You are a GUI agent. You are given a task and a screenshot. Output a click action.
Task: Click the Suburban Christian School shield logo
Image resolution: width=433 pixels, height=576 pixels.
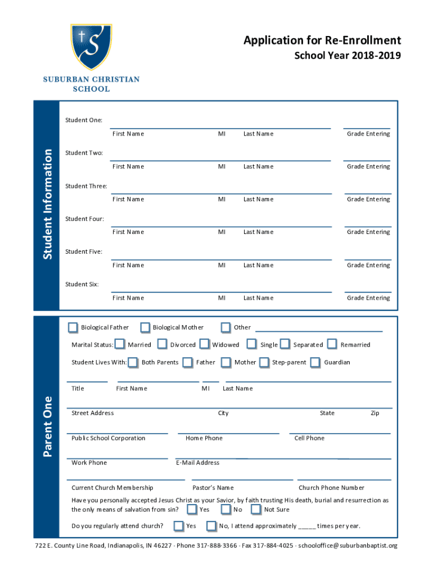point(91,47)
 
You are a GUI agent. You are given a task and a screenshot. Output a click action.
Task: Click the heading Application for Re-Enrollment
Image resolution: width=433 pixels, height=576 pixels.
point(322,40)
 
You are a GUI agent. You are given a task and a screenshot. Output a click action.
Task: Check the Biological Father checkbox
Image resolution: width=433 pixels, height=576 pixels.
point(73,327)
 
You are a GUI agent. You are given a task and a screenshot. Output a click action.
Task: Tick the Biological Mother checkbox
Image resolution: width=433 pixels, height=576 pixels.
point(145,327)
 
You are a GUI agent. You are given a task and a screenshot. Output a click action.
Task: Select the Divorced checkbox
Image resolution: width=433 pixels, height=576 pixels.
point(163,344)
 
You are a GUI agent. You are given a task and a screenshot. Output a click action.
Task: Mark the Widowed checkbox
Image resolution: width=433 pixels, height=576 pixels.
point(204,344)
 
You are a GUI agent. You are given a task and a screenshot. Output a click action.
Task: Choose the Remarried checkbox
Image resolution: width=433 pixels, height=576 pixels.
point(332,344)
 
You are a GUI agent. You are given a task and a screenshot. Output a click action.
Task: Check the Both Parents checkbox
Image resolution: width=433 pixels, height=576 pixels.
point(133,362)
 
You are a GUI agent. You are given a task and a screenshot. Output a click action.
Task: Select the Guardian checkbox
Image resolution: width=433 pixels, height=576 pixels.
point(315,362)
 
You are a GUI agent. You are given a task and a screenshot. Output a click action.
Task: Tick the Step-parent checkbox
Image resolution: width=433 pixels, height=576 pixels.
point(264,362)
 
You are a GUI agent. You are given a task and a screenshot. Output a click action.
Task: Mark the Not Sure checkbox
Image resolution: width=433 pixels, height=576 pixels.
point(256,510)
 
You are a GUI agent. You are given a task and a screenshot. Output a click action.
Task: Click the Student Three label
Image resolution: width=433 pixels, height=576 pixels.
point(86,186)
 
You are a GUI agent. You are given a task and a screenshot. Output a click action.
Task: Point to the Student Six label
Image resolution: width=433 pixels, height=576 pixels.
point(82,284)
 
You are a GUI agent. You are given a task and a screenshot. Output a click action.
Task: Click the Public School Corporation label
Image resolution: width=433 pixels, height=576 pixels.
point(109,438)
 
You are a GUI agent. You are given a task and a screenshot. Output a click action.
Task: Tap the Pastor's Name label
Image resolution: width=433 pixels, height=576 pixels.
point(213,488)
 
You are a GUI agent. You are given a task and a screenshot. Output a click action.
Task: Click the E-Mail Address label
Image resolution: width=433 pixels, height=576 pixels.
point(197,463)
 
